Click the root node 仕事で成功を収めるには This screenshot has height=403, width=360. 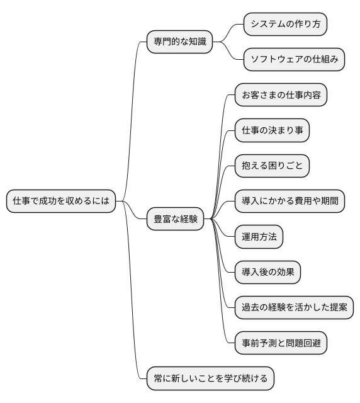tap(61, 201)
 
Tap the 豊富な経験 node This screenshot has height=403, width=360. tap(176, 219)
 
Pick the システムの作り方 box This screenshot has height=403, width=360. tap(286, 25)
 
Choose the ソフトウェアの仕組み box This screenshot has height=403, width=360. tap(295, 60)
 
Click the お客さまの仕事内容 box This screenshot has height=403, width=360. tap(281, 95)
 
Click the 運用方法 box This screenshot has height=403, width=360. tap(259, 237)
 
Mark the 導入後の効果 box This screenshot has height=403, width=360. tap(267, 272)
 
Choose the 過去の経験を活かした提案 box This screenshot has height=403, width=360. tap(294, 307)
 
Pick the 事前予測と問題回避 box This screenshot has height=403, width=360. tap(281, 343)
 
